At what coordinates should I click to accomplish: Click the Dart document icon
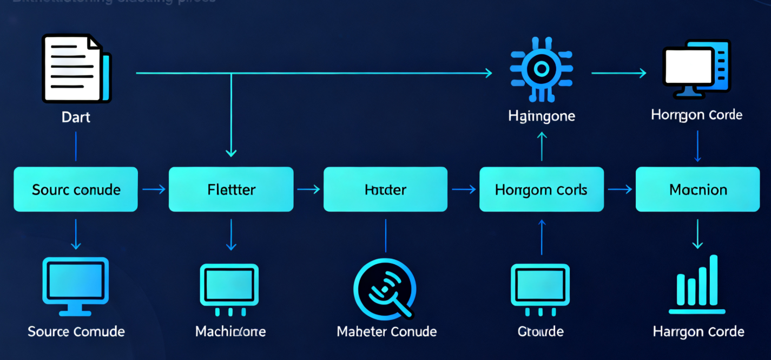[x=76, y=69]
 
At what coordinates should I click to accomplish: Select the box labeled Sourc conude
[x=76, y=189]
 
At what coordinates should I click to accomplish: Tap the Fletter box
[x=231, y=189]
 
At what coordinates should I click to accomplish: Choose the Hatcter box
[x=385, y=189]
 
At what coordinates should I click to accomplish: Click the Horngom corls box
[x=541, y=189]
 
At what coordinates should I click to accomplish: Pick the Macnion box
[x=697, y=189]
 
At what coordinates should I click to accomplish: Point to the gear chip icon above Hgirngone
[x=541, y=69]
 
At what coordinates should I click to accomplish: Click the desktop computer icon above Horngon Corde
[x=696, y=69]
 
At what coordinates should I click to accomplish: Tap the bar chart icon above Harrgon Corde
[x=697, y=285]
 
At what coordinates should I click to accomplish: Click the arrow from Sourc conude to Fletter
[x=154, y=189]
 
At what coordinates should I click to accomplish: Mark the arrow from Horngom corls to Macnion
[x=620, y=189]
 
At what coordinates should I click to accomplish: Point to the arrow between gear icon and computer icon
[x=619, y=73]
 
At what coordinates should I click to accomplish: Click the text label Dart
[x=76, y=117]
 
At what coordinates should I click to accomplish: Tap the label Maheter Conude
[x=386, y=331]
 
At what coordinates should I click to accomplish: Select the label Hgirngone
[x=542, y=115]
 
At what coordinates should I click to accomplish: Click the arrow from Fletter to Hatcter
[x=309, y=189]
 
